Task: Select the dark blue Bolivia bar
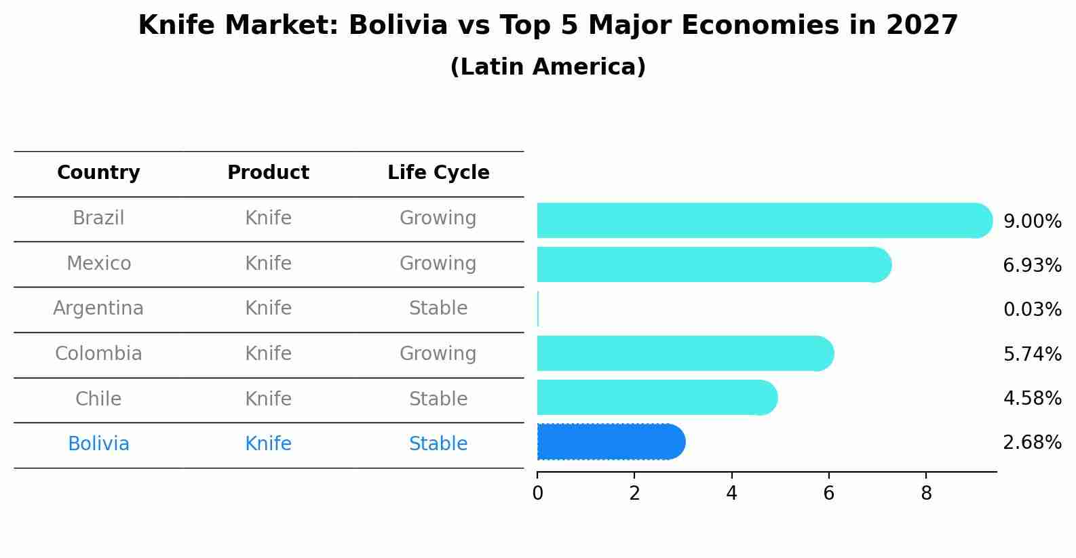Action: click(x=611, y=442)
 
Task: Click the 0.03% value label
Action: click(x=1032, y=310)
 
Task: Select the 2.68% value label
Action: click(x=1032, y=443)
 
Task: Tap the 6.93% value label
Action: click(x=1032, y=266)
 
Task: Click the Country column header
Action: click(x=98, y=173)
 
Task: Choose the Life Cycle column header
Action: click(x=438, y=173)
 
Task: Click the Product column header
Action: click(x=268, y=173)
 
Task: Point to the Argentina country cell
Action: click(x=98, y=308)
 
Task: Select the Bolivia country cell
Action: click(x=98, y=444)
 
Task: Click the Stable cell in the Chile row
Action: click(x=438, y=399)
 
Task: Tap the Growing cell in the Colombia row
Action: click(x=438, y=354)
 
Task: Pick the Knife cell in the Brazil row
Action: click(x=268, y=218)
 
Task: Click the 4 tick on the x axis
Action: click(x=731, y=494)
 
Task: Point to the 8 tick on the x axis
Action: click(x=926, y=494)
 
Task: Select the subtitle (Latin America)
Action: click(x=547, y=67)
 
